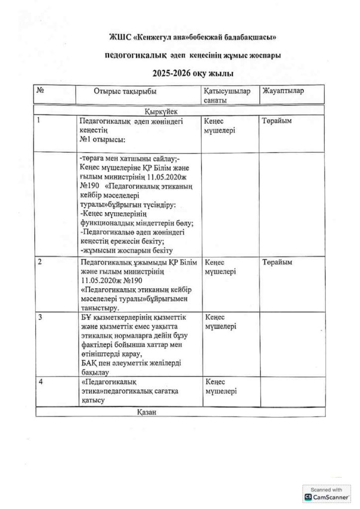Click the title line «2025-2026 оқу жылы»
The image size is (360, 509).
click(193, 74)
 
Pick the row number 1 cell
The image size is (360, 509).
click(39, 120)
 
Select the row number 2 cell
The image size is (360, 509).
click(40, 262)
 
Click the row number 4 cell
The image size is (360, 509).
click(40, 381)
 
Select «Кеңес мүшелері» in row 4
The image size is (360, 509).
click(220, 386)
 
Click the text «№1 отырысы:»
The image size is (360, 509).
click(103, 139)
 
